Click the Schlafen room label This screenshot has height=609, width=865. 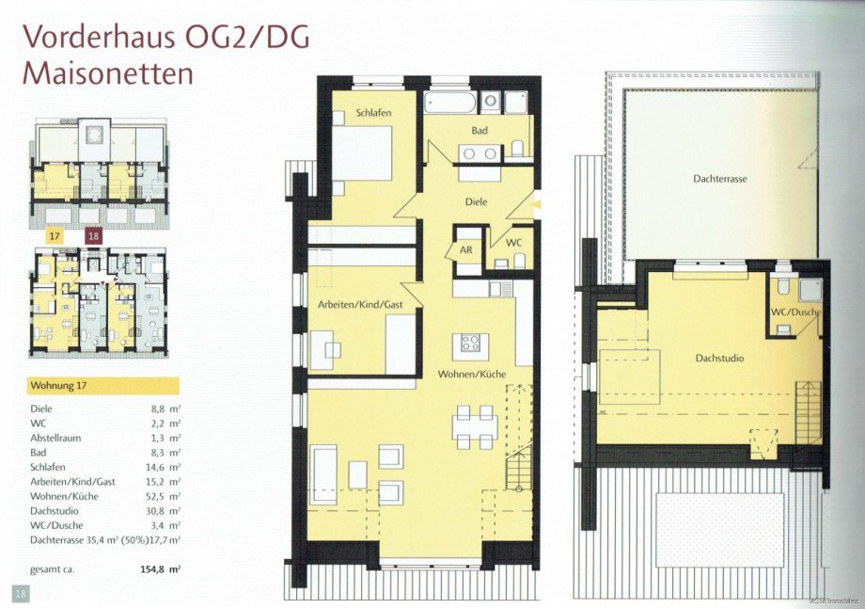372,113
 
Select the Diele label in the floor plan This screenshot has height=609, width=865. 479,200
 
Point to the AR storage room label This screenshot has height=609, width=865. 466,250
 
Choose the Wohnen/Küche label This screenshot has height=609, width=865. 471,375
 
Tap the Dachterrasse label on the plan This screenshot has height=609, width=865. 720,178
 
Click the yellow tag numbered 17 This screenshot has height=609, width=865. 55,237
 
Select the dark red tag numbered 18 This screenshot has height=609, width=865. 93,237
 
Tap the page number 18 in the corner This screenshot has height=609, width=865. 20,592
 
